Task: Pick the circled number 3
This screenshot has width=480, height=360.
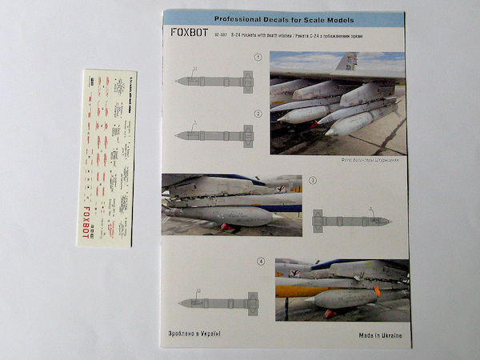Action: tap(313, 181)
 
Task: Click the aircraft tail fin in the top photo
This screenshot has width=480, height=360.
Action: tap(346, 62)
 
